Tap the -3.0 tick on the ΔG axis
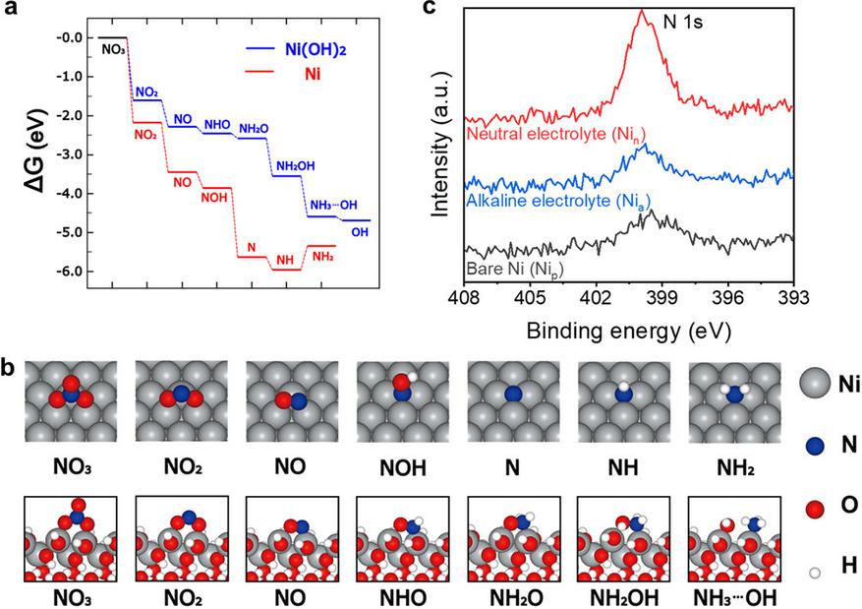tap(66, 154)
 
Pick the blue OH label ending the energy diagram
tap(360, 233)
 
